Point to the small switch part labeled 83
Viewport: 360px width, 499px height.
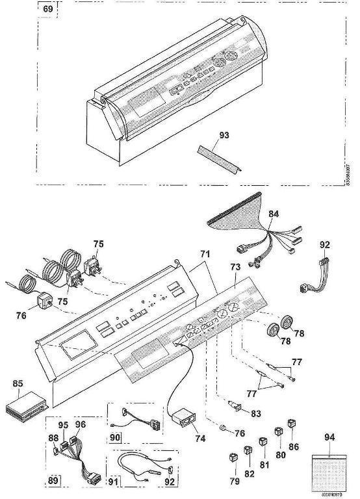(237, 408)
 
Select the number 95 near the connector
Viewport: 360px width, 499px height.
(63, 425)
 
